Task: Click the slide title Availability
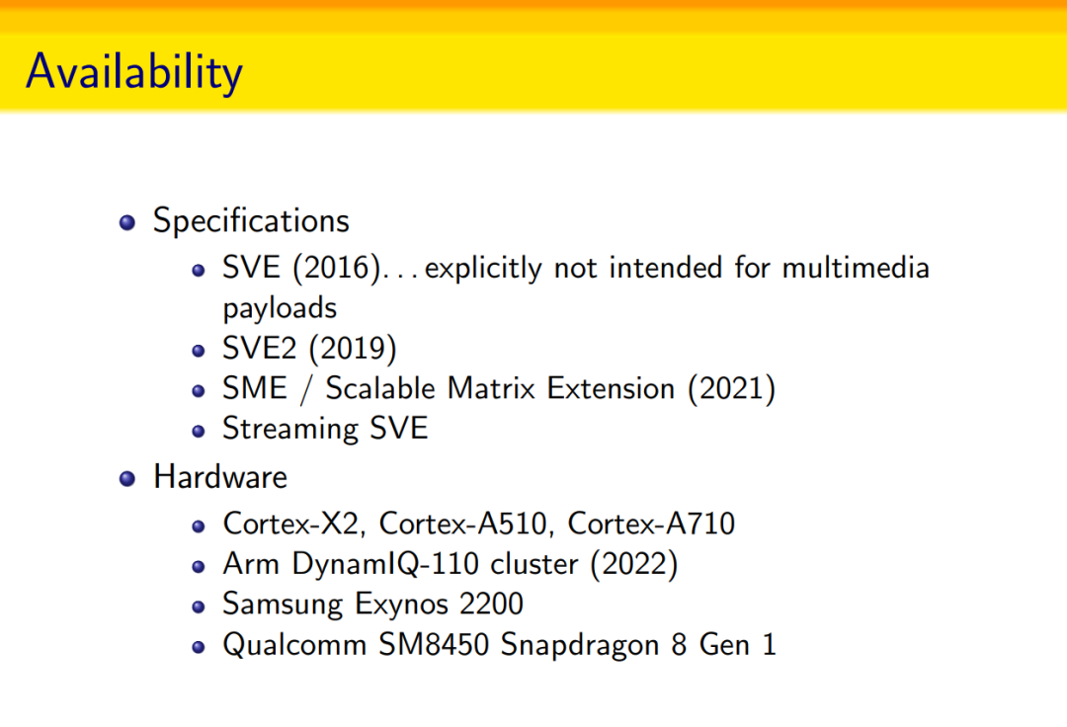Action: click(134, 72)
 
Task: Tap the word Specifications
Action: click(251, 221)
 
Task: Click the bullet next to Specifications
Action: click(127, 222)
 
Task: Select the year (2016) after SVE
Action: click(336, 268)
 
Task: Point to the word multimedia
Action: click(856, 268)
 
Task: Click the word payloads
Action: click(280, 309)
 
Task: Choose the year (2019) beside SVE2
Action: click(353, 349)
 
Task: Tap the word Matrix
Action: click(491, 388)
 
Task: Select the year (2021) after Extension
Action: click(731, 388)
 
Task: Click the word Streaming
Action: click(290, 429)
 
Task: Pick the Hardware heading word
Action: click(220, 477)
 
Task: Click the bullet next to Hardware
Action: click(127, 479)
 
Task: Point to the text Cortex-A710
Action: click(651, 524)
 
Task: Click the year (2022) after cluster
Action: click(634, 564)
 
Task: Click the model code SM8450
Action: click(434, 645)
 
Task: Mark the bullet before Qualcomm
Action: click(198, 647)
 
